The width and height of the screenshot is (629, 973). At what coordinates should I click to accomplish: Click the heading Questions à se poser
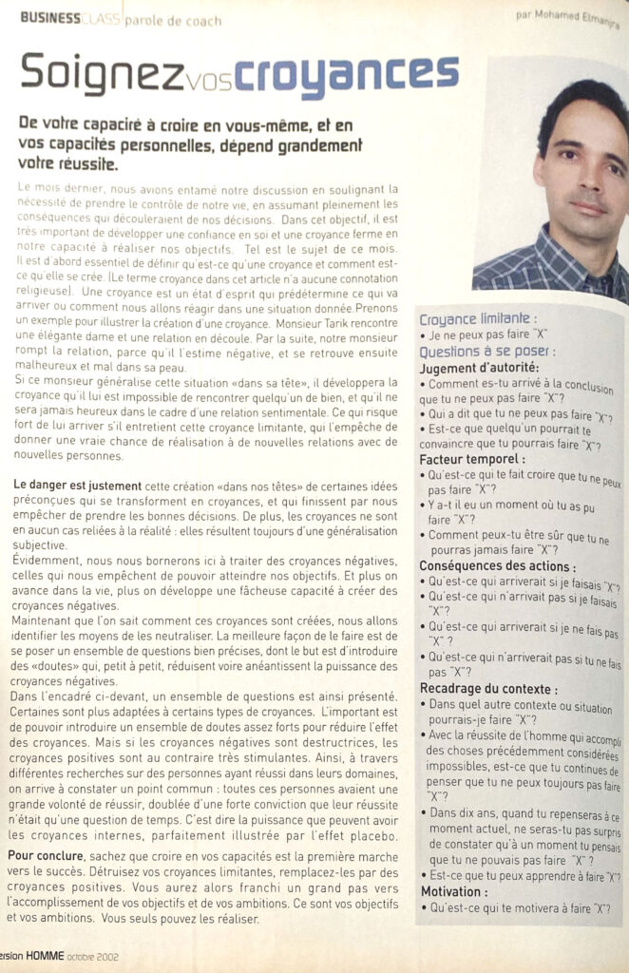[x=483, y=351]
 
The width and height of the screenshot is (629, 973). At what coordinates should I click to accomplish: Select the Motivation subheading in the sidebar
[x=453, y=891]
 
